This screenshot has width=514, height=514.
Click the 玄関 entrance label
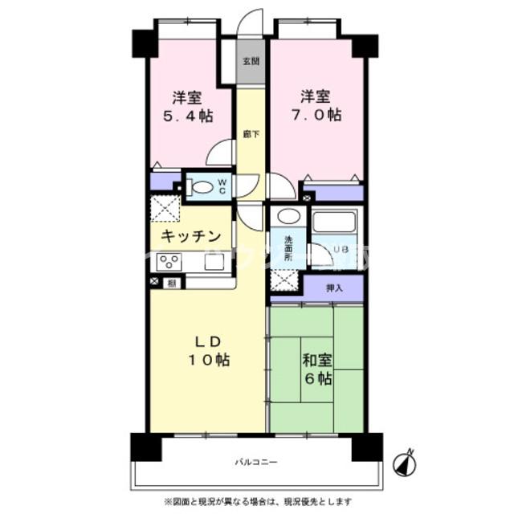click(x=251, y=62)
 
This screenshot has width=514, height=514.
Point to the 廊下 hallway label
click(x=251, y=134)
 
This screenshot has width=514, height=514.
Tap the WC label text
click(x=223, y=186)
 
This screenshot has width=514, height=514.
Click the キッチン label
click(x=190, y=235)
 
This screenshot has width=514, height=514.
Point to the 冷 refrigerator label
click(x=171, y=282)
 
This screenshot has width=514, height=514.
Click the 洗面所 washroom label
click(x=288, y=243)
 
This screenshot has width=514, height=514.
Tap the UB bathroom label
click(x=340, y=250)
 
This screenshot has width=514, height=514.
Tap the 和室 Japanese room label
click(x=316, y=361)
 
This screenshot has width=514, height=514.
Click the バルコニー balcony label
click(x=256, y=463)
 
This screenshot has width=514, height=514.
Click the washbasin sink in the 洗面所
click(x=288, y=217)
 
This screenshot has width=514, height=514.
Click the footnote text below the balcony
click(x=256, y=502)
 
